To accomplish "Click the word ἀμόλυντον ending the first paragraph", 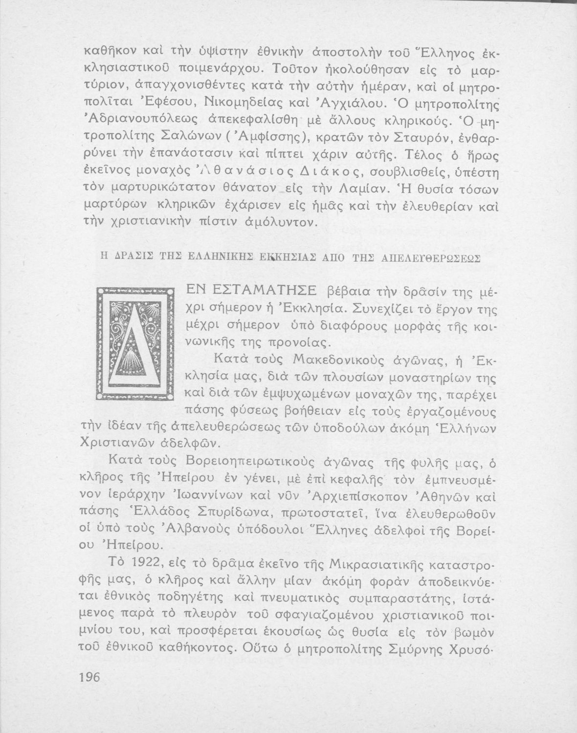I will pyautogui.click(x=280, y=224).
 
